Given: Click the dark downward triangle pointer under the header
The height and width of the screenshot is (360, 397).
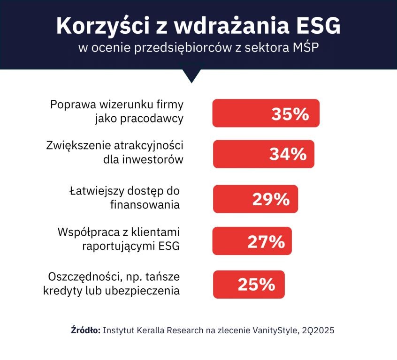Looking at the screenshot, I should (x=191, y=75).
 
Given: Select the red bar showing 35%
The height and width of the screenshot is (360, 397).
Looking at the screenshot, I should (x=266, y=113).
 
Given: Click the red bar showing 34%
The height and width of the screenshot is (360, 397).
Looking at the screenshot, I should (x=263, y=154).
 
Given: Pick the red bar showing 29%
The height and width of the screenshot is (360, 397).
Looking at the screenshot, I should (x=255, y=199).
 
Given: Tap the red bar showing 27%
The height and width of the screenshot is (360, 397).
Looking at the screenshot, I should (x=252, y=241).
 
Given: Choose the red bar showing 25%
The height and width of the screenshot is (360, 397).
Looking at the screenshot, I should (x=249, y=284).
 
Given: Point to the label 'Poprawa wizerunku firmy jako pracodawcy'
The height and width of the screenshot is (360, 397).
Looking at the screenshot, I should (x=117, y=111).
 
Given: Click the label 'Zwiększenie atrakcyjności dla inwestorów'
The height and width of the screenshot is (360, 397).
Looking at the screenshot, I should (x=114, y=152).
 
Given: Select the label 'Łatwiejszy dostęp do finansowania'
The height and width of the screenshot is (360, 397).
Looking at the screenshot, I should (x=125, y=198).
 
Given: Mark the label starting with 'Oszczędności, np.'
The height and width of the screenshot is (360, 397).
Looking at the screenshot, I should (x=111, y=283).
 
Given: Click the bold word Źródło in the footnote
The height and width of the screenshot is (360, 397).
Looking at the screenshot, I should (x=85, y=330).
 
